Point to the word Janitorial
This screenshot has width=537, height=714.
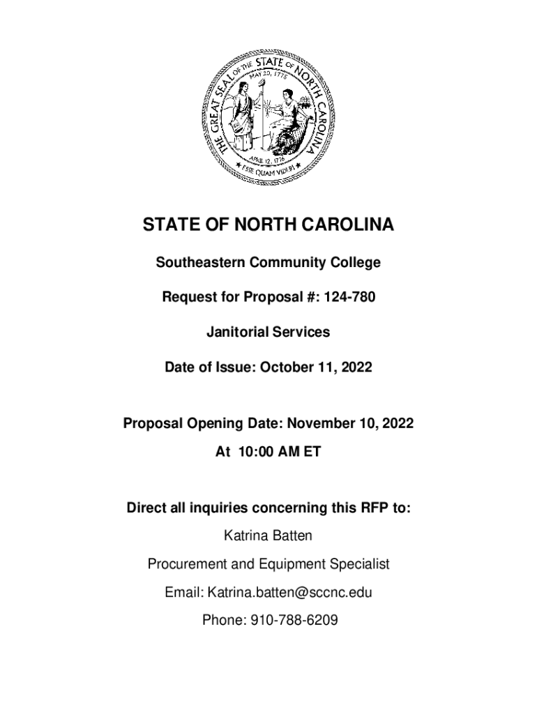click(x=237, y=332)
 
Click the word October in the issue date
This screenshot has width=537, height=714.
click(x=287, y=367)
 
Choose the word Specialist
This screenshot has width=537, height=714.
click(x=358, y=563)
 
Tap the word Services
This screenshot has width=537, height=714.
click(x=301, y=332)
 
